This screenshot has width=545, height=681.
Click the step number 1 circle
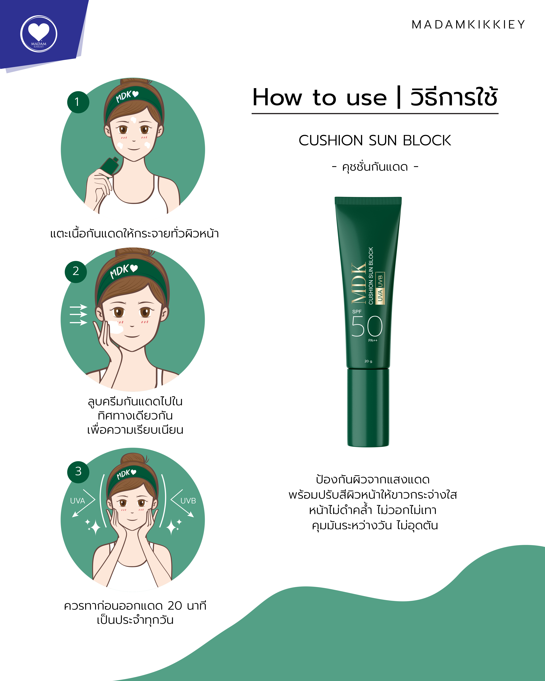(78, 102)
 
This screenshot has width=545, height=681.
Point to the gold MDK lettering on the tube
(359, 283)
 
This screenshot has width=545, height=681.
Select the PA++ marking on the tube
(373, 340)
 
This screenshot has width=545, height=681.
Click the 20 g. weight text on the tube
(368, 361)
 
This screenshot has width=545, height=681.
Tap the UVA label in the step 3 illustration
(77, 501)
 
